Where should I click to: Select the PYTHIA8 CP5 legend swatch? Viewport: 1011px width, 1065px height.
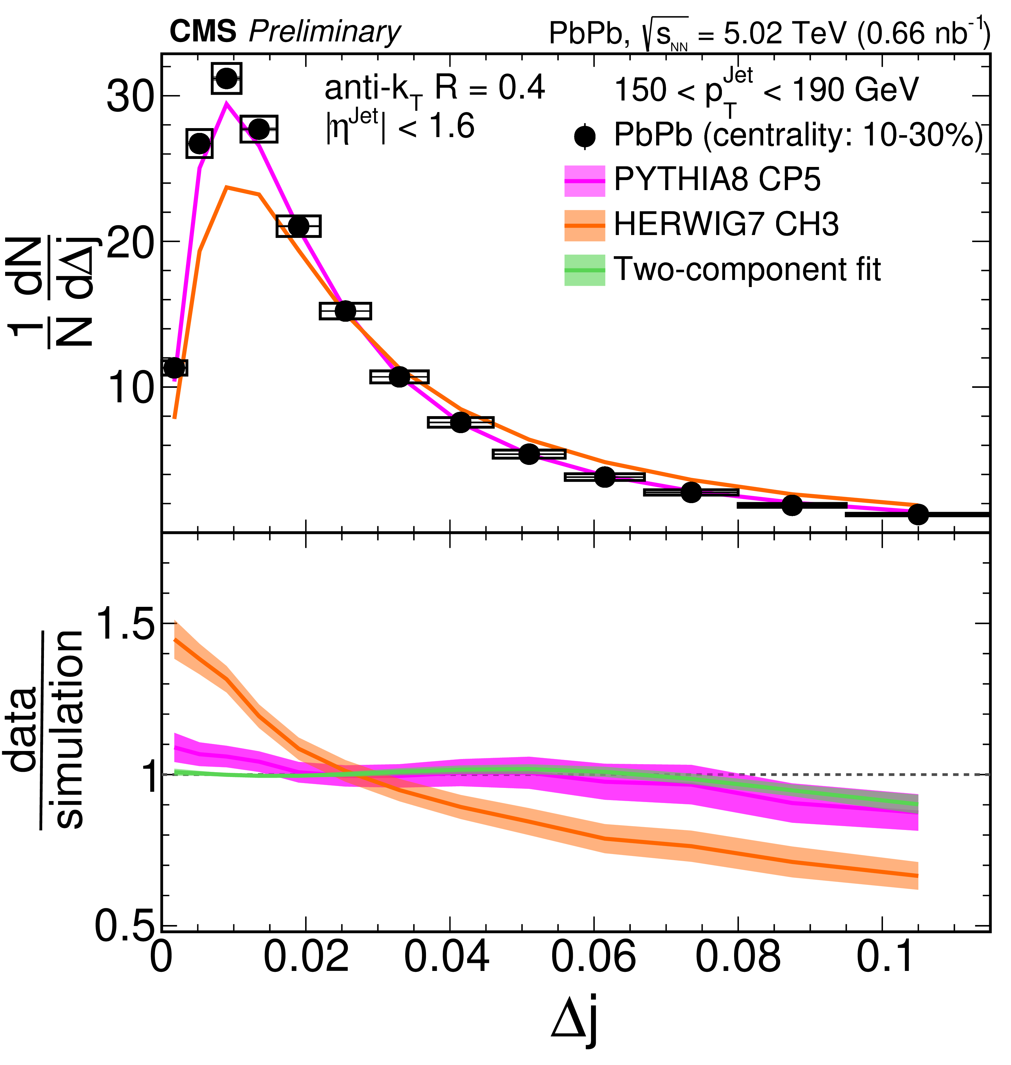click(585, 181)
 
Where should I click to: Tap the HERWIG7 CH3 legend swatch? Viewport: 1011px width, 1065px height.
click(585, 225)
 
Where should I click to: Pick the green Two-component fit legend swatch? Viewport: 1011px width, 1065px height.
click(585, 270)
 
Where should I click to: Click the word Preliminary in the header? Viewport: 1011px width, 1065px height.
click(324, 32)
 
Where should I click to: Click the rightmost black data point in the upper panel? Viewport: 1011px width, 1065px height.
click(918, 514)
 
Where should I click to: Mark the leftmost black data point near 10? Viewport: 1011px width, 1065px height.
click(174, 368)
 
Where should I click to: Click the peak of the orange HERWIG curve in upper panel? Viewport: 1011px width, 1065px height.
click(228, 187)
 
